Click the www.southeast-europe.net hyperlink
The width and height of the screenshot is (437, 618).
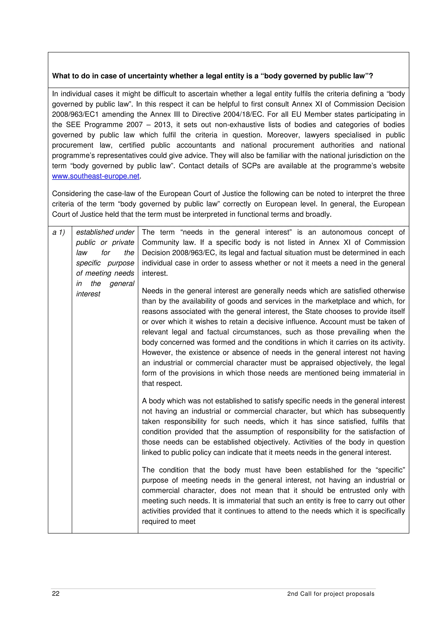click(x=96, y=176)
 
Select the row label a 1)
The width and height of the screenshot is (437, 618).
click(x=59, y=232)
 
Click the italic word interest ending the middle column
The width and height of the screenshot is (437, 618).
click(x=88, y=294)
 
